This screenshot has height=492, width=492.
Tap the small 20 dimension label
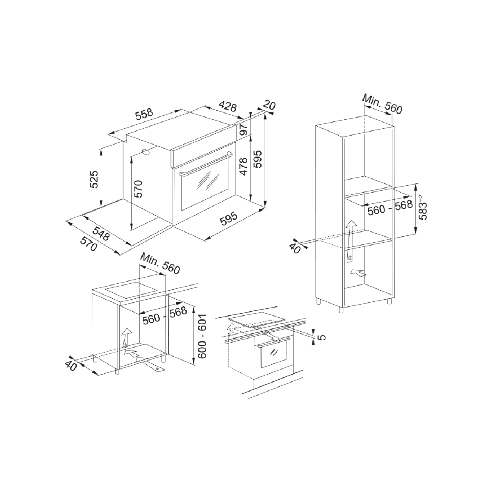269,105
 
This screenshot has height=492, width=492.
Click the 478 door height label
244,166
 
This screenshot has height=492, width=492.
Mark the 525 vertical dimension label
94,179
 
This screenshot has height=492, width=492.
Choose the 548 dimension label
101,233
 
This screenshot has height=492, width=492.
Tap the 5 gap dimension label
323,337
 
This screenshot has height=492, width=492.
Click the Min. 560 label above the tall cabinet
382,104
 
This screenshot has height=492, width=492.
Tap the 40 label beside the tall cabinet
295,248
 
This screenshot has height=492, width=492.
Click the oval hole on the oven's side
146,152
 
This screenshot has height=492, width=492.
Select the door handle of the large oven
206,163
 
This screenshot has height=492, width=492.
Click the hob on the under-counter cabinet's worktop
132,289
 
